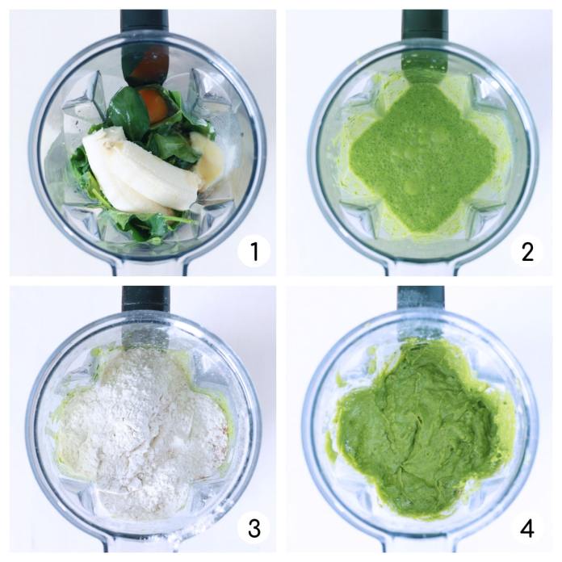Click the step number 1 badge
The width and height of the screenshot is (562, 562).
pos(254,251)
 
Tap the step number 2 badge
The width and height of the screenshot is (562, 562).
pos(526,251)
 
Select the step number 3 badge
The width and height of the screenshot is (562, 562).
pos(254,528)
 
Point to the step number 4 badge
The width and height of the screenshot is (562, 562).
pos(526,528)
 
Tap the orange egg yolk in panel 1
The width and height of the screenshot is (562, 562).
pos(153,105)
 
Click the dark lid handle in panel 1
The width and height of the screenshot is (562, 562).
pos(145,22)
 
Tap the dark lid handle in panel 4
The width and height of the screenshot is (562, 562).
pos(421,297)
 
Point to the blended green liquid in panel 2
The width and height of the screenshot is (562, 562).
pos(423,157)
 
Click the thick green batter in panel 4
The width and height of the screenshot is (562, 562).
pos(419,430)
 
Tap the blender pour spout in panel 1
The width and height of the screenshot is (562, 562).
pos(150,267)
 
